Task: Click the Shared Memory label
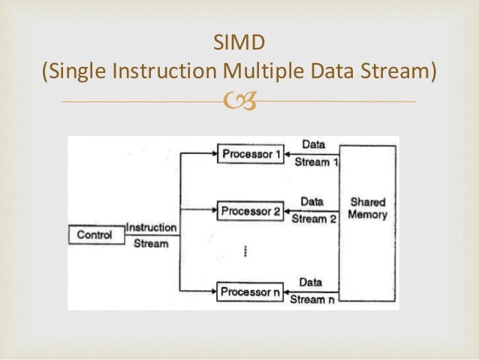(368, 208)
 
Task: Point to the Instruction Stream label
(151, 235)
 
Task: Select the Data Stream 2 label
(312, 210)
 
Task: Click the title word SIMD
(239, 44)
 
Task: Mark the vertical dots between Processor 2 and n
(246, 251)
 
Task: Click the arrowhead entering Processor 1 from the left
(212, 154)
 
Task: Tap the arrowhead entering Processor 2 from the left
(212, 210)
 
